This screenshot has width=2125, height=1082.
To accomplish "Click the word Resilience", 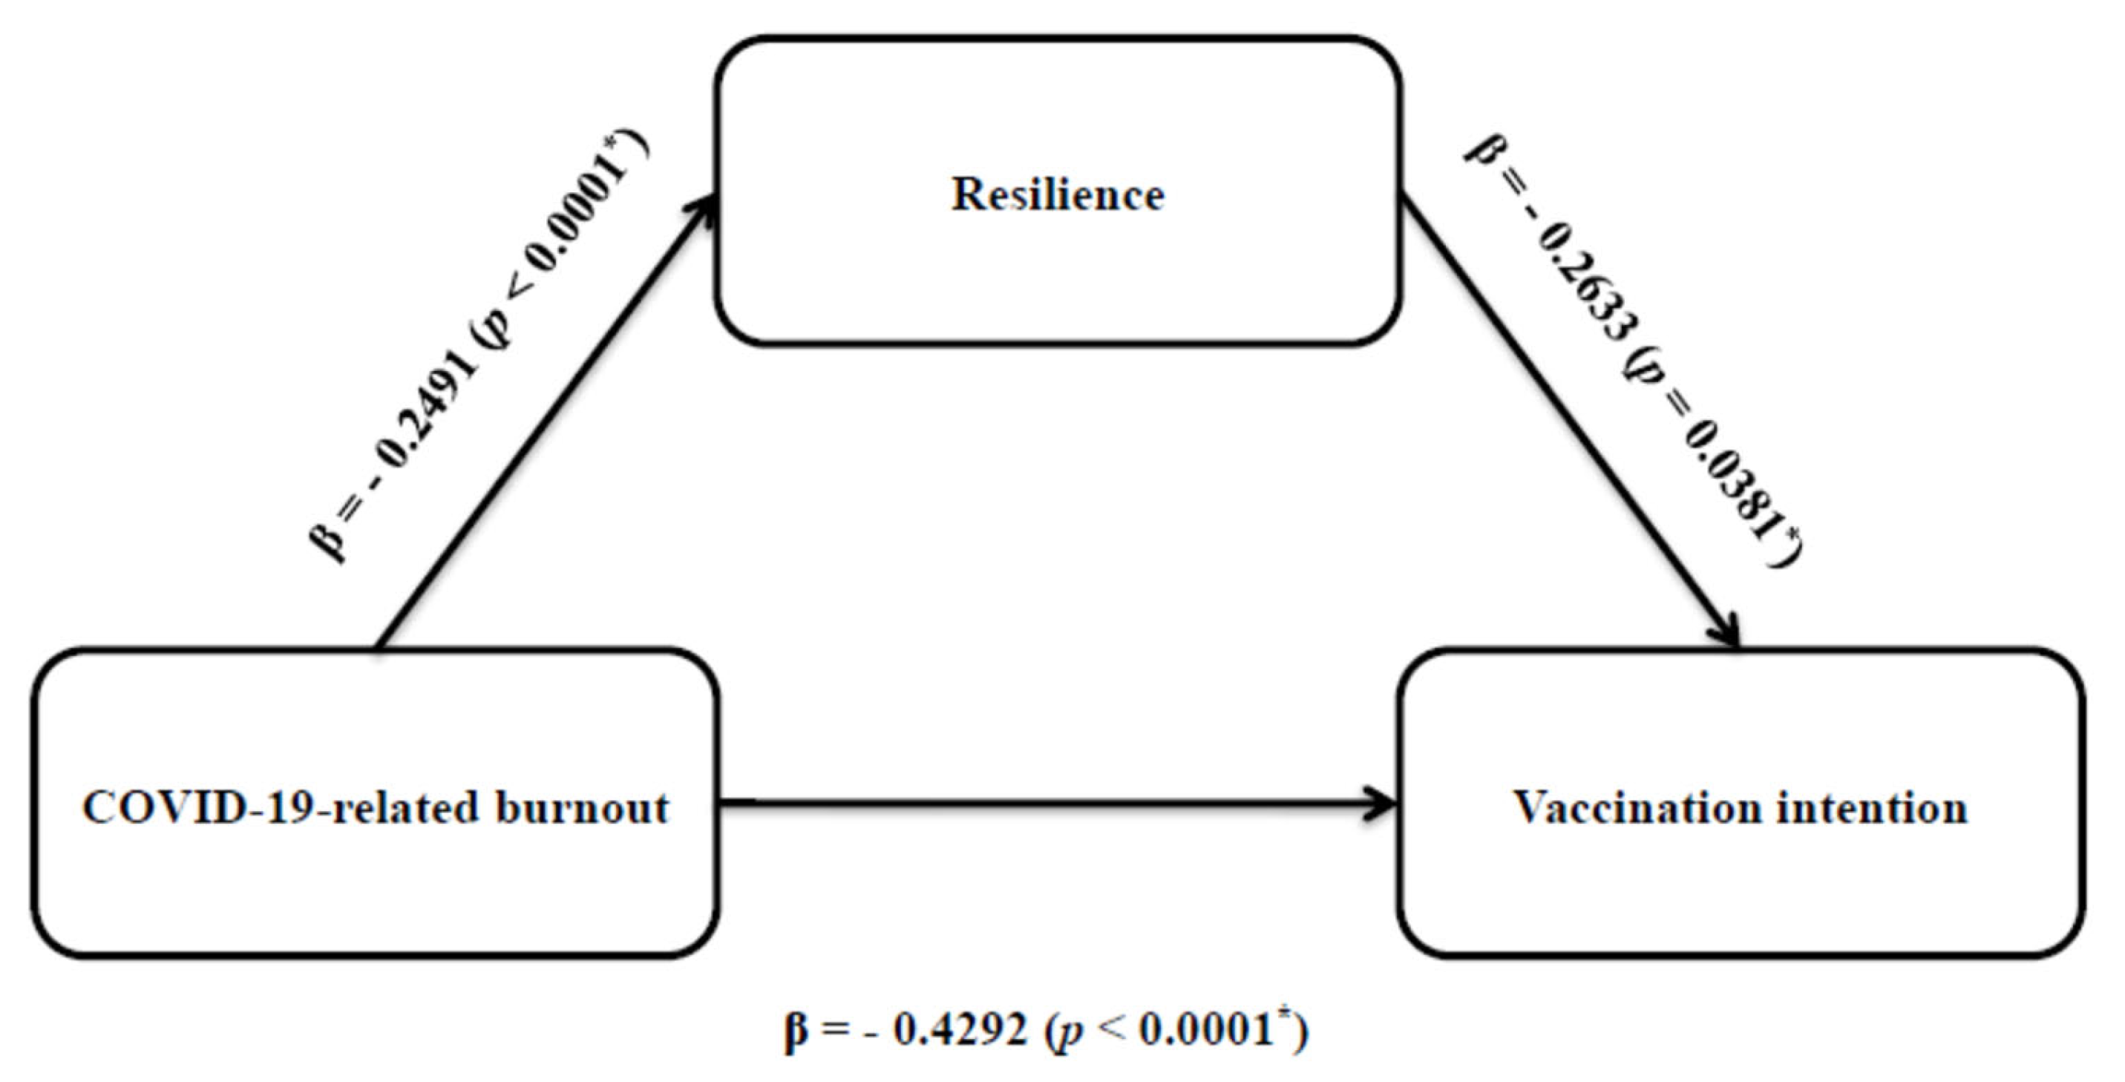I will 1058,194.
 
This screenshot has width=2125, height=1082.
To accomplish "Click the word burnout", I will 583,808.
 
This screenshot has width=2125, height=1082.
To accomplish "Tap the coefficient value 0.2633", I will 1584,281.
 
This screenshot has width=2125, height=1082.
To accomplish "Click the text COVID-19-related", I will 281,808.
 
